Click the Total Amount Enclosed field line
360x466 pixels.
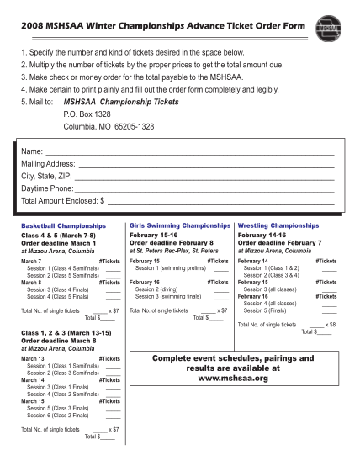click(222, 204)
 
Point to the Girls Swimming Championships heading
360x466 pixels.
click(180, 227)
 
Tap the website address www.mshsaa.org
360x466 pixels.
click(231, 379)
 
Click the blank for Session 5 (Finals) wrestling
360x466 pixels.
click(330, 310)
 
